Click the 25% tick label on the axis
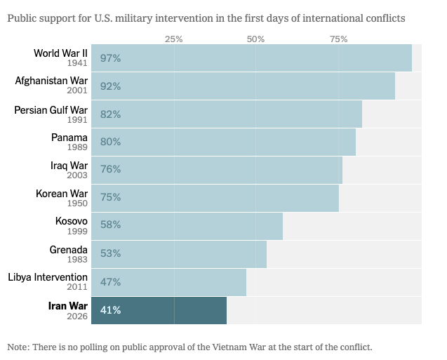tap(173, 39)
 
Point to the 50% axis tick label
tap(256, 39)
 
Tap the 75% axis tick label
tap(339, 39)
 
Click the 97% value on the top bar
tap(111, 59)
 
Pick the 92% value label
tap(111, 86)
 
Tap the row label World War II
tap(60, 53)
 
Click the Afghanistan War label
tap(51, 81)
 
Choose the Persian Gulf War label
tap(51, 109)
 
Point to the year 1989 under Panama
tap(77, 147)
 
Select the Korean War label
tap(62, 193)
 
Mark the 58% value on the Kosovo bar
tap(111, 225)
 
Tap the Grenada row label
tap(68, 250)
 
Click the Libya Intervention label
tap(48, 277)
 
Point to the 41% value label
tap(111, 310)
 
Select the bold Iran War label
tap(67, 305)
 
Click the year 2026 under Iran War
tap(77, 316)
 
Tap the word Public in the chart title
tap(23, 17)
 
